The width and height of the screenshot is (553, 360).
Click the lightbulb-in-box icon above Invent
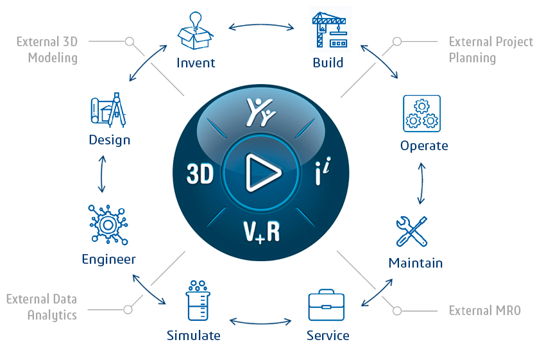(x=195, y=30)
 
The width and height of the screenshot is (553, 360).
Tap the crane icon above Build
(x=330, y=30)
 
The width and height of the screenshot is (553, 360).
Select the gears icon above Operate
(x=421, y=114)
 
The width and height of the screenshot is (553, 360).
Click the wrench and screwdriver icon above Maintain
(x=412, y=232)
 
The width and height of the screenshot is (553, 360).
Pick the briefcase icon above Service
(x=327, y=305)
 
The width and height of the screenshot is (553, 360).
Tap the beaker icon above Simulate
(x=198, y=300)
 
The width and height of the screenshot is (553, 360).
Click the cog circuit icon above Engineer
(x=108, y=225)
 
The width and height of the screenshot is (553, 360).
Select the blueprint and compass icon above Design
(x=108, y=110)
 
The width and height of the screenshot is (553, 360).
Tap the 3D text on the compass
(x=200, y=174)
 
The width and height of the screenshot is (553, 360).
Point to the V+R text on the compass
(x=261, y=232)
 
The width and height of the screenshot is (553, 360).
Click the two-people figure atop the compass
(x=260, y=112)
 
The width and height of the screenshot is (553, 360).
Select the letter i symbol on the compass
(x=323, y=171)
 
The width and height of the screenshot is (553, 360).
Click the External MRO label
(x=484, y=311)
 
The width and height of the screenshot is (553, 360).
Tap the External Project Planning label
(x=491, y=50)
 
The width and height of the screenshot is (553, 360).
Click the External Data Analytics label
(x=42, y=307)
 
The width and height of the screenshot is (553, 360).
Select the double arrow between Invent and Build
(x=261, y=26)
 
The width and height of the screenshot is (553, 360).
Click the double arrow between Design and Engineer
(x=102, y=174)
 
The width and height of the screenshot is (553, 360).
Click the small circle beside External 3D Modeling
(x=130, y=42)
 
